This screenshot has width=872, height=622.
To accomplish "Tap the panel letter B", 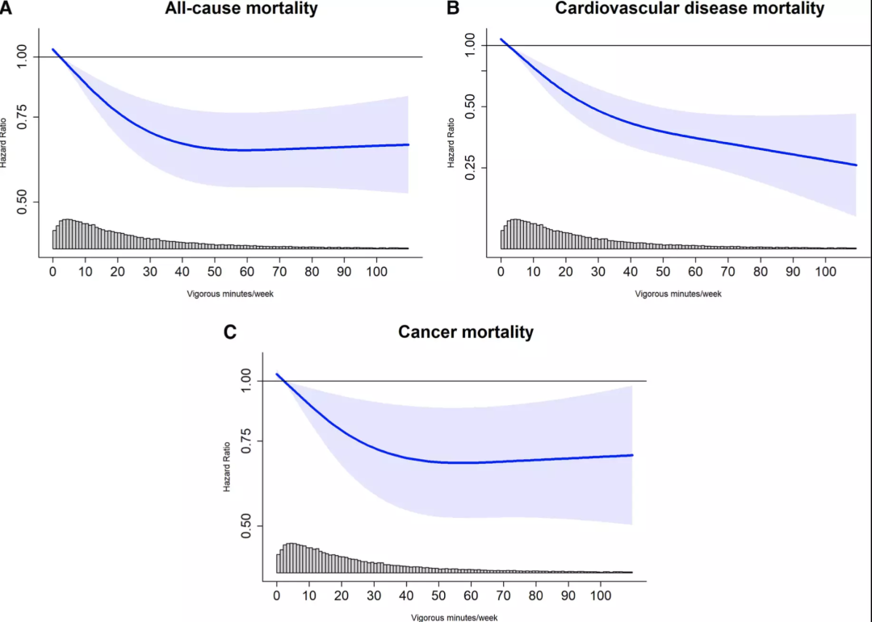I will coord(453,9).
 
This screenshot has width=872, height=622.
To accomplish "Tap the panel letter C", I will coord(229,332).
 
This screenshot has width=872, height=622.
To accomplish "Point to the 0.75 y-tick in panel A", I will coord(27,117).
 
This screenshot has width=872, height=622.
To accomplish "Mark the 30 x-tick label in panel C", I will coord(374,597).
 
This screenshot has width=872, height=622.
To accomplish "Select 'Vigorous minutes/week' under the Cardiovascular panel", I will coord(678,293).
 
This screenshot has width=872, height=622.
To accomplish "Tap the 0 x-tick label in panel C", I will coord(277,597).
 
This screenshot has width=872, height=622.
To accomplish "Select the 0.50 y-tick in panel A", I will coord(27,202).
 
